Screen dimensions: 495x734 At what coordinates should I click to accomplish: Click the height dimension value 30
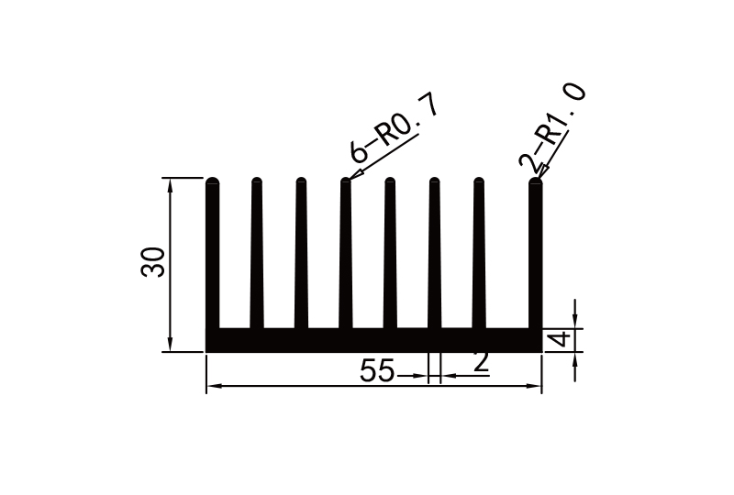153,262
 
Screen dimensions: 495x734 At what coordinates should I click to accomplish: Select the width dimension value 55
376,371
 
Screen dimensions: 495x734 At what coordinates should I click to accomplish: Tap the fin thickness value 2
480,363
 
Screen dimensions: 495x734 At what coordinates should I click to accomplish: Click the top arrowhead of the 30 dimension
171,183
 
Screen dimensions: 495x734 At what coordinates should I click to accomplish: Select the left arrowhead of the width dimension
212,387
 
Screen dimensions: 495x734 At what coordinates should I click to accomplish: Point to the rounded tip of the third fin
301,181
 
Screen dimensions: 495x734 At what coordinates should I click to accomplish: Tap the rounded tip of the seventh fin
478,181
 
